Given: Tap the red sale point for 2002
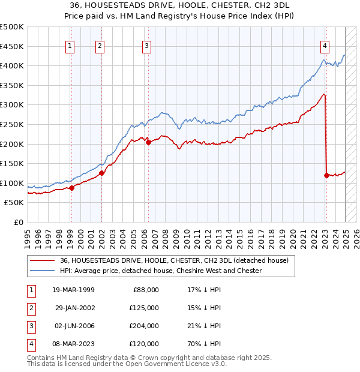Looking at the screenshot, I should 101,173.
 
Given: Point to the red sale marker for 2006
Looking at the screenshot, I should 148,142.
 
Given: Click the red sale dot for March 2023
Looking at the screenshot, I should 326,175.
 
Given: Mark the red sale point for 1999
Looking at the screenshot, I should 71,188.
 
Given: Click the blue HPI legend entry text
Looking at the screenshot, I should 161,271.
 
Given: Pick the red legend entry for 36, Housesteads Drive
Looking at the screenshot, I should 174,260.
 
